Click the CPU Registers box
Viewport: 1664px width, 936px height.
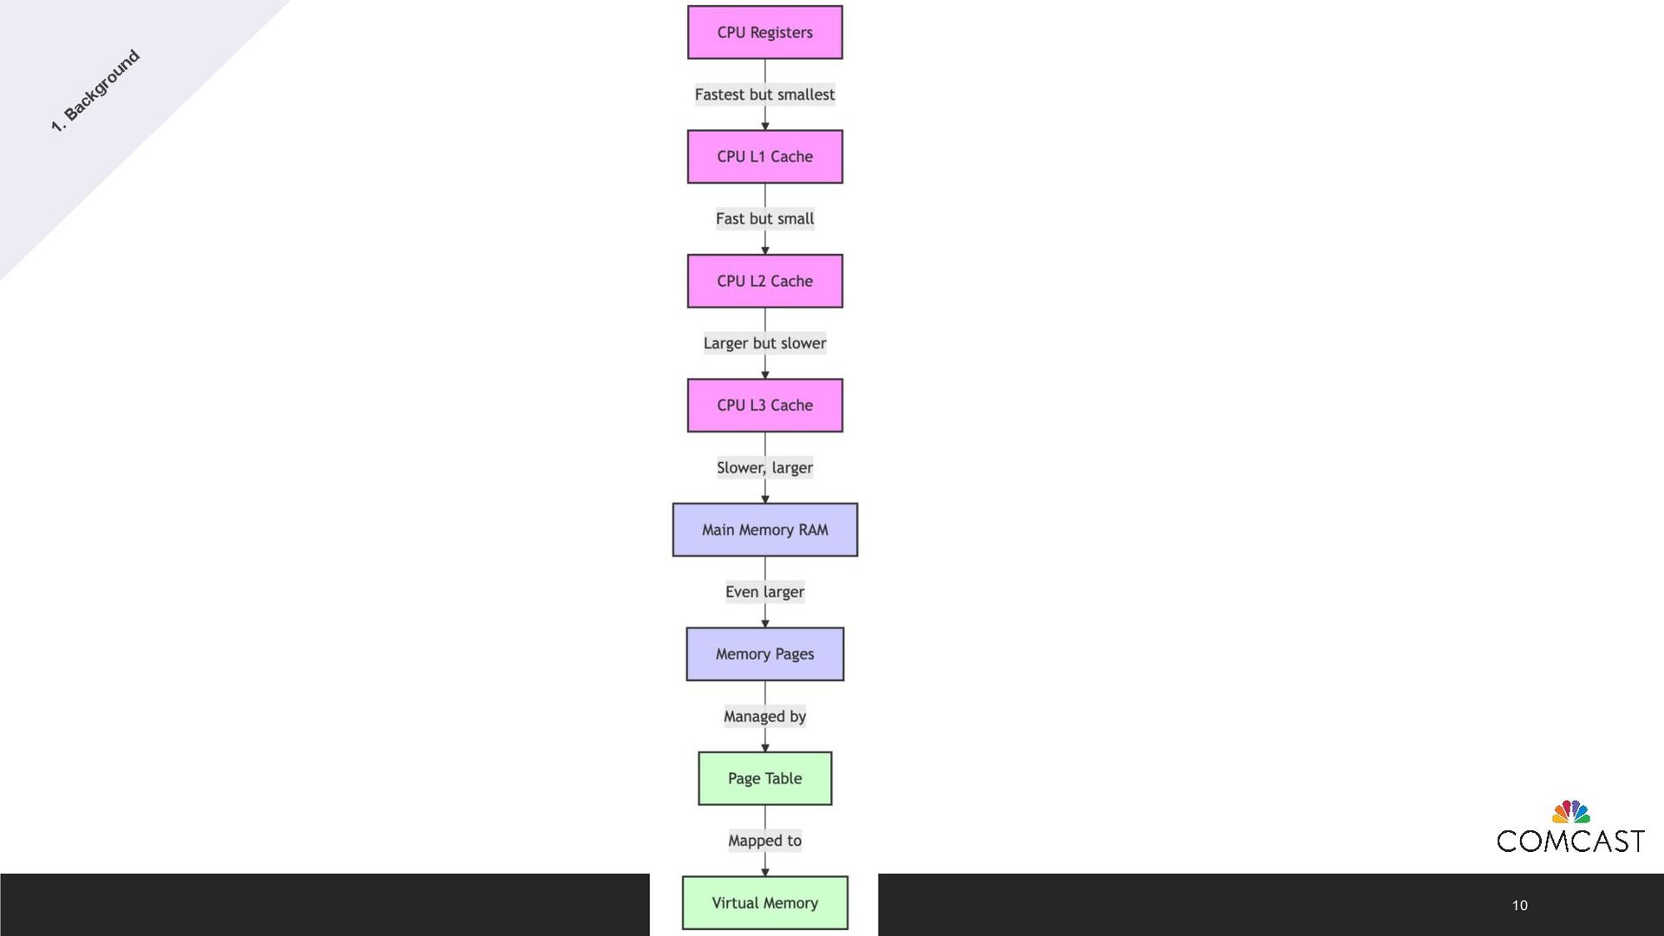764,33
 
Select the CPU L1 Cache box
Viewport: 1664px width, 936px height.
764,157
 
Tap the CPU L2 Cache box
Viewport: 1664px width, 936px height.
764,281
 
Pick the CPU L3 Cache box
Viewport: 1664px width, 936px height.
764,406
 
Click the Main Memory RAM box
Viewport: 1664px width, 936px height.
764,530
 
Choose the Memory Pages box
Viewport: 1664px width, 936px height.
764,654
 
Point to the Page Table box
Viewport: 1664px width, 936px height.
764,778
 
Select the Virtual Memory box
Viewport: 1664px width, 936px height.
764,903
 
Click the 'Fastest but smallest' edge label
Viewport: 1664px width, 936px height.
764,94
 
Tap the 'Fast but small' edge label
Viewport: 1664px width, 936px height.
764,219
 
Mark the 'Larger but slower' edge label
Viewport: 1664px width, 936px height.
764,343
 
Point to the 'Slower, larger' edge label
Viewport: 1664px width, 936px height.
764,468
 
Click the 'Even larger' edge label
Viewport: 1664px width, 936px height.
764,592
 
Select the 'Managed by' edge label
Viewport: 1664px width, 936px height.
764,717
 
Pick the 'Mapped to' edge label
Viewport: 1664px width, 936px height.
764,841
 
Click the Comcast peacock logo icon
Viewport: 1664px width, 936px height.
1570,812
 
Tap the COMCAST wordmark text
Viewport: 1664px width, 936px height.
1570,842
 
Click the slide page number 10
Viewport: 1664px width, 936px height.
1519,906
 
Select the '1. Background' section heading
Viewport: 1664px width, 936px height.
95,91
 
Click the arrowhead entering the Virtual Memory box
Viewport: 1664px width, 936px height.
764,872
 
